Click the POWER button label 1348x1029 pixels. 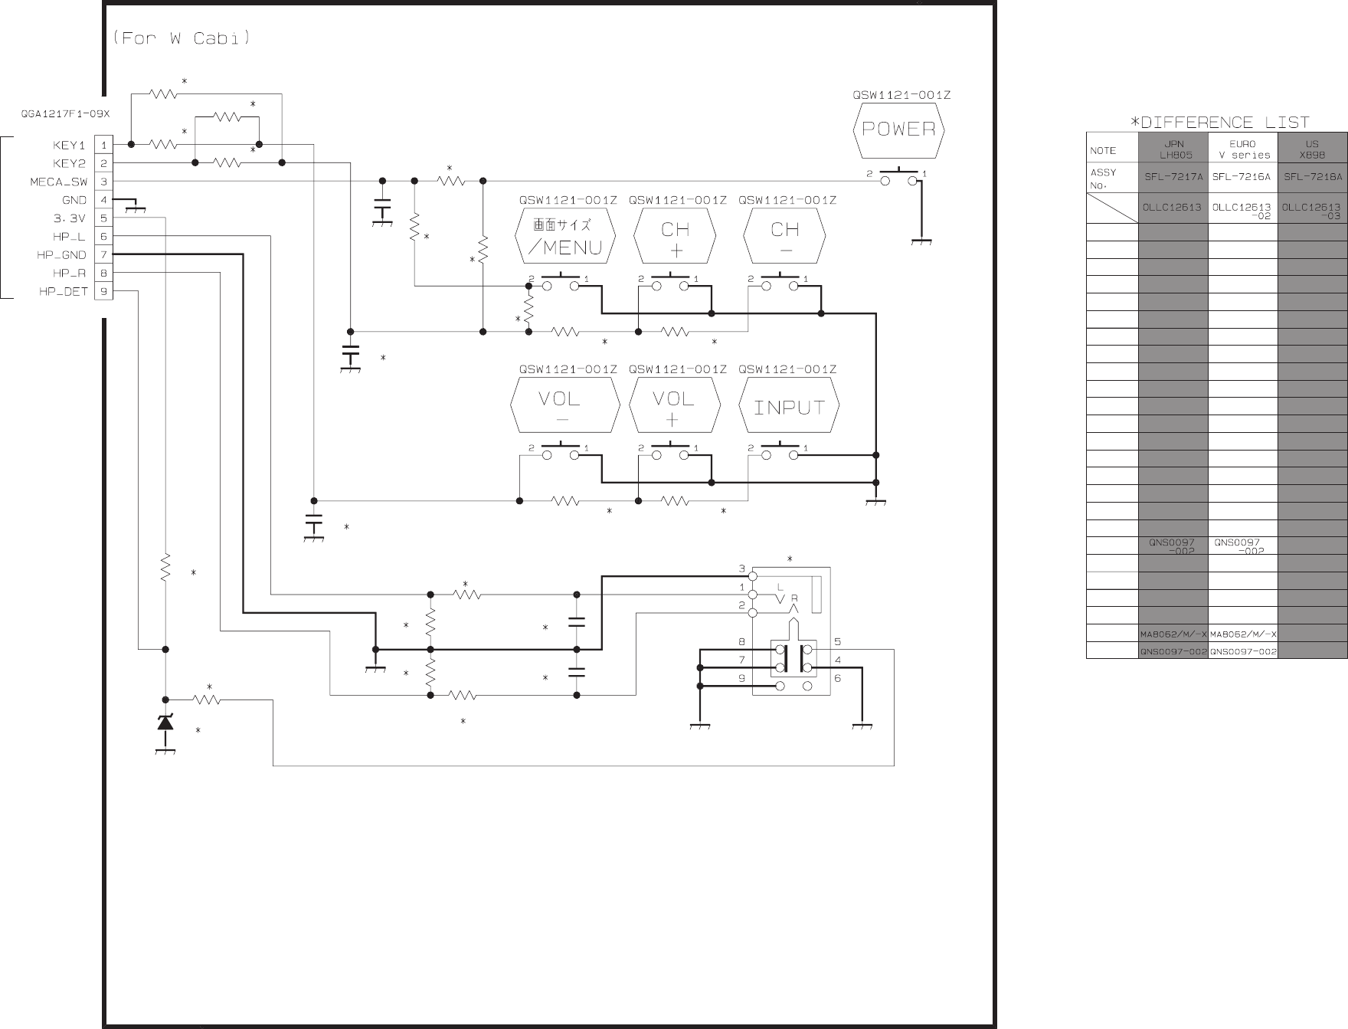click(898, 129)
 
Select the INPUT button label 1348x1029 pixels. click(788, 408)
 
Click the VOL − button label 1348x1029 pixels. click(564, 408)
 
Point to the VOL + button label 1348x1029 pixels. click(674, 408)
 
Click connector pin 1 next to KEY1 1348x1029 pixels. click(103, 145)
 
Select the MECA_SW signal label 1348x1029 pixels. click(58, 182)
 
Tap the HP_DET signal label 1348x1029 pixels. click(64, 292)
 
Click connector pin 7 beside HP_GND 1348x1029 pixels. click(103, 255)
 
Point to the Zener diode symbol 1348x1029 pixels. click(165, 722)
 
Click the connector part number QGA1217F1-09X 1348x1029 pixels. click(65, 114)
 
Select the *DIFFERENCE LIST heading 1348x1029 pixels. click(1220, 123)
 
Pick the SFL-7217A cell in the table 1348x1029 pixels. click(1173, 176)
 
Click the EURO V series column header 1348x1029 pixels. click(1242, 149)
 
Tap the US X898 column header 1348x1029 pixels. click(1312, 149)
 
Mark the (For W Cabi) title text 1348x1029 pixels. click(182, 38)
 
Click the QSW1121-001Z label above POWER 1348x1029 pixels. click(901, 96)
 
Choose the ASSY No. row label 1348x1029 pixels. click(1103, 178)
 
